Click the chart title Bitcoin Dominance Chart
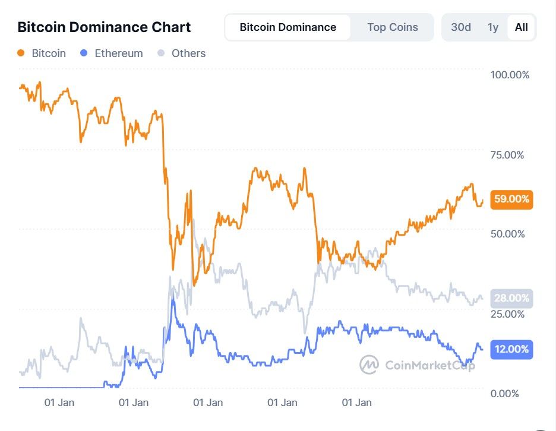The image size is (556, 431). [x=104, y=27]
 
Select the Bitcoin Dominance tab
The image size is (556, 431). [x=288, y=27]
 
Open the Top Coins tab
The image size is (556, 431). [x=392, y=27]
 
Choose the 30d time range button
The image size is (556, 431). [x=461, y=27]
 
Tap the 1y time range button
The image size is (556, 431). [x=492, y=27]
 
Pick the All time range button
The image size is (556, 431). [x=521, y=27]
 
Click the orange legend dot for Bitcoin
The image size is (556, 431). [x=21, y=53]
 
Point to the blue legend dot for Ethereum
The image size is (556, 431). [x=84, y=53]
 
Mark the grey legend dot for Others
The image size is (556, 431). [x=161, y=53]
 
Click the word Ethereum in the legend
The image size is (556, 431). [x=119, y=53]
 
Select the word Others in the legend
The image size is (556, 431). [x=188, y=53]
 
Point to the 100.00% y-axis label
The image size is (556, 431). [x=509, y=75]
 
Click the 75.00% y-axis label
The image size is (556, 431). [x=507, y=155]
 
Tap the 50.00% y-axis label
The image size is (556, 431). [x=507, y=233]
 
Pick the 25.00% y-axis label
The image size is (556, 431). [x=507, y=313]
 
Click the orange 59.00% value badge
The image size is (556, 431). [x=511, y=199]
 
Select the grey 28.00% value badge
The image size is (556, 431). [x=511, y=298]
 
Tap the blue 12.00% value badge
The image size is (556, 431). [x=511, y=349]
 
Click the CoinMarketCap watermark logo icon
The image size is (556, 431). [x=369, y=365]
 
